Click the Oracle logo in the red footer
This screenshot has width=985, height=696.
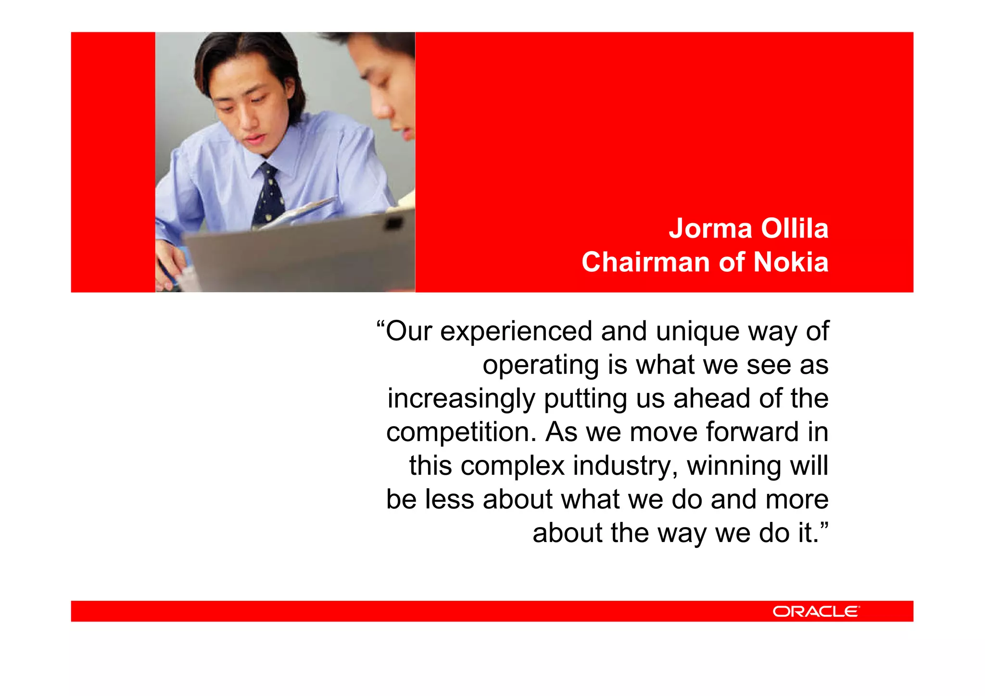[816, 611]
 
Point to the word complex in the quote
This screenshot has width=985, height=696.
[512, 467]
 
